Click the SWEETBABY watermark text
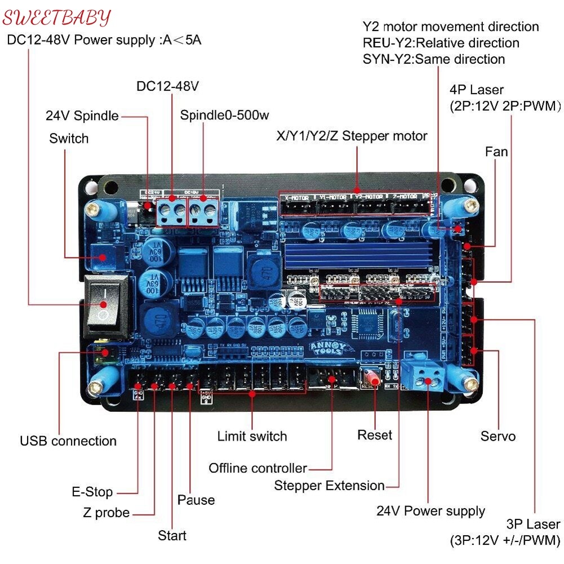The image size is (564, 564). [x=56, y=17]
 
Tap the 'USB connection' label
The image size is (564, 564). [x=68, y=441]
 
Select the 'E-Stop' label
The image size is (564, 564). [x=92, y=492]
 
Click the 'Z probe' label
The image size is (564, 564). [x=106, y=513]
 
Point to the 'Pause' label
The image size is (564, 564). [x=196, y=500]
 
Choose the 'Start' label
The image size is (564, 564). [x=172, y=535]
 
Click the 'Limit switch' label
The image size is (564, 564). [x=252, y=436]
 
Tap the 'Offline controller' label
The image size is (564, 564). [x=257, y=468]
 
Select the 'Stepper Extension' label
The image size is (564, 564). [x=329, y=486]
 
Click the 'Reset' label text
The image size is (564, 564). [x=375, y=436]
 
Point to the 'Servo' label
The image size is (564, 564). [x=498, y=436]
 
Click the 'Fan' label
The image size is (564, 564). [x=496, y=152]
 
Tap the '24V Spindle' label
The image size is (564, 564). [x=82, y=116]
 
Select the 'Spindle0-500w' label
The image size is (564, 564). [x=224, y=116]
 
